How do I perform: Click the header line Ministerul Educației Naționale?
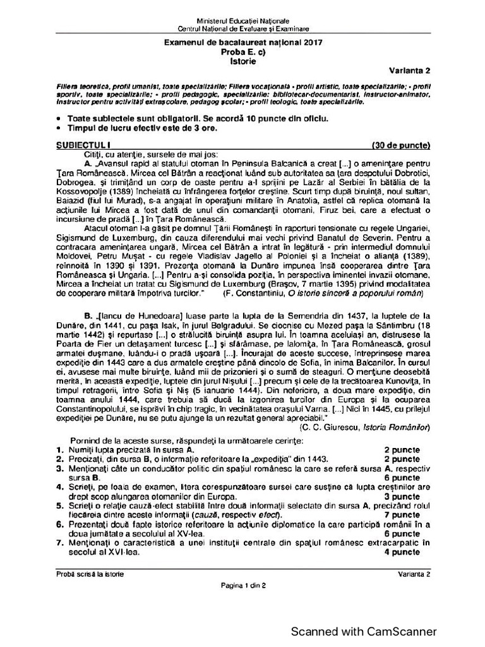click(243, 22)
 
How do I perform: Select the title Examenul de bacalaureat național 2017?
click(243, 42)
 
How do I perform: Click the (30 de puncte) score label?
click(401, 145)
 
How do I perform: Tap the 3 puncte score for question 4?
click(402, 497)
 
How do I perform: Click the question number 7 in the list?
click(58, 542)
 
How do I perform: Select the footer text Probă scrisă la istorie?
click(90, 573)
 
